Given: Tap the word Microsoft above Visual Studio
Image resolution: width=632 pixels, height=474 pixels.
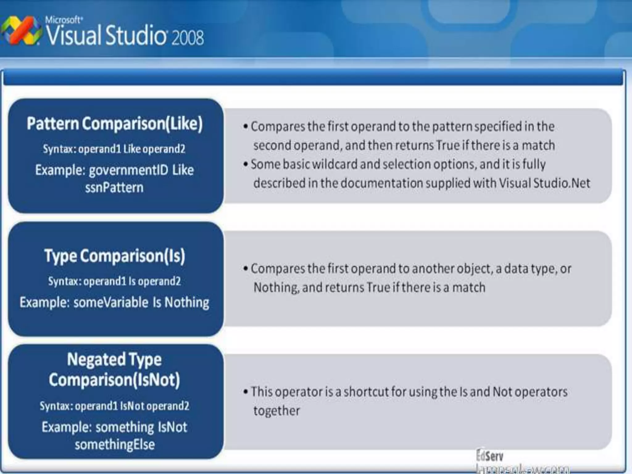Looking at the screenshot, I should coord(64,20).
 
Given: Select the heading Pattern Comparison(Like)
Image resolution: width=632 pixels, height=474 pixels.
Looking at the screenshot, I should coord(114,124).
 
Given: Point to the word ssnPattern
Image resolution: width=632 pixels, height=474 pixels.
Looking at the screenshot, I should coord(114,188).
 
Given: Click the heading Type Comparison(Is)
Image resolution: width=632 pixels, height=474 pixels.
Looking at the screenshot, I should coord(114,256).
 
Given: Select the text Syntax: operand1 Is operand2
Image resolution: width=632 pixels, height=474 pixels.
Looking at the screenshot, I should coord(114,281).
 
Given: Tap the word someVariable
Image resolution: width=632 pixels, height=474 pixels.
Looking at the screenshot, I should coord(111,302).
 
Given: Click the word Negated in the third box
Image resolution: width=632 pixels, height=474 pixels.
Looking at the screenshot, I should coord(96,360).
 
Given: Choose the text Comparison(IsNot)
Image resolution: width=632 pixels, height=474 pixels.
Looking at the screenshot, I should coord(114,380).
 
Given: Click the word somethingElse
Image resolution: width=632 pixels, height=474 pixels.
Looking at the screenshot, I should coord(114,445).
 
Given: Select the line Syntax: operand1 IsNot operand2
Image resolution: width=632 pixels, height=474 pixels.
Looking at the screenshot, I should coord(114,406).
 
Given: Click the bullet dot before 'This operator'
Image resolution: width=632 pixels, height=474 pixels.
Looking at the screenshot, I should coord(246,392).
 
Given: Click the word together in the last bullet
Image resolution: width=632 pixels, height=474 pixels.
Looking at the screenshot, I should coord(276,411).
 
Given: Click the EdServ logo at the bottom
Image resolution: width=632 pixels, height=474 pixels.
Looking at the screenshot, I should coord(489,456).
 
